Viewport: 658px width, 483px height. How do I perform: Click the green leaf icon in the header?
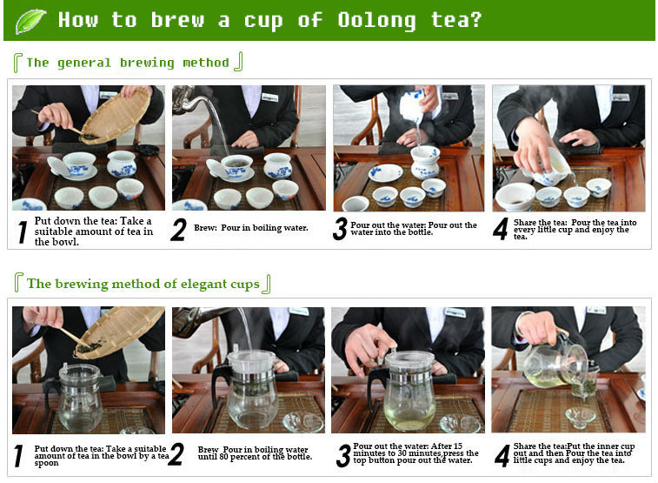point(30,21)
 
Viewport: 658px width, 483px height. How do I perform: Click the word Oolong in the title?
point(376,20)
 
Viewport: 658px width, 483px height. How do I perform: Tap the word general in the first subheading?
point(84,63)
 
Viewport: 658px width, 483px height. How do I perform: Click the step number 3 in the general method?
point(341,229)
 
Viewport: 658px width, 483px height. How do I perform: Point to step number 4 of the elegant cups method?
point(502,456)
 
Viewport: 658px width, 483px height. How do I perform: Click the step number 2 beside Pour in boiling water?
point(179,230)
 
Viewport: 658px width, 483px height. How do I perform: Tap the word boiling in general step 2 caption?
point(266,228)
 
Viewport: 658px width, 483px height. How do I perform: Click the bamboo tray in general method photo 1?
point(115,116)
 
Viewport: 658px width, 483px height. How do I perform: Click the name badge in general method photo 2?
point(270,97)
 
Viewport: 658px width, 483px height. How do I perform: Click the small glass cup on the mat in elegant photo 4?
point(580,416)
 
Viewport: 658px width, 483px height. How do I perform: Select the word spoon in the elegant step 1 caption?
point(47,463)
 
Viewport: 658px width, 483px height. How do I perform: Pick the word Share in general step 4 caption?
point(524,223)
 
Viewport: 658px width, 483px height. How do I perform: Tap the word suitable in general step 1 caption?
point(58,231)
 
